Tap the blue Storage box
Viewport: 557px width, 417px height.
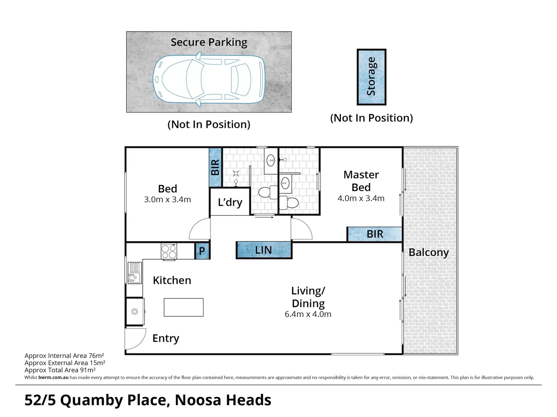(x=371, y=77)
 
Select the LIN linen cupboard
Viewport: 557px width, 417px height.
(x=264, y=250)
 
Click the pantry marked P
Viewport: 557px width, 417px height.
(x=202, y=251)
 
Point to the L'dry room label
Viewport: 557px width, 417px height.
(x=230, y=202)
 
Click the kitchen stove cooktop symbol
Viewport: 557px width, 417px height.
(x=169, y=251)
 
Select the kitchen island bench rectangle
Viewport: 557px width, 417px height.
(x=184, y=307)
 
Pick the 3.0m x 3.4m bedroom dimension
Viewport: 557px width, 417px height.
(x=167, y=200)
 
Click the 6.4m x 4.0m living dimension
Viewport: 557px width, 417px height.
(x=308, y=314)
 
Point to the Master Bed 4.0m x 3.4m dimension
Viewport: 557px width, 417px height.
(x=361, y=198)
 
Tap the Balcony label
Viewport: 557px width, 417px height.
(x=429, y=253)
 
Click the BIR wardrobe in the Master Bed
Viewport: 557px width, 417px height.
(x=374, y=234)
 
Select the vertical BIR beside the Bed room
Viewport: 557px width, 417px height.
(x=215, y=168)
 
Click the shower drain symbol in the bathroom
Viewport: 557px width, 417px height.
(x=236, y=173)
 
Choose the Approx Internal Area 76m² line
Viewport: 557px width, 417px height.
(x=64, y=356)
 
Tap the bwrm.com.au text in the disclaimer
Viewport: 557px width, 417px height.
(x=53, y=378)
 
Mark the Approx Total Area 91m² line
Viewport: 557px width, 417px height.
(x=60, y=370)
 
